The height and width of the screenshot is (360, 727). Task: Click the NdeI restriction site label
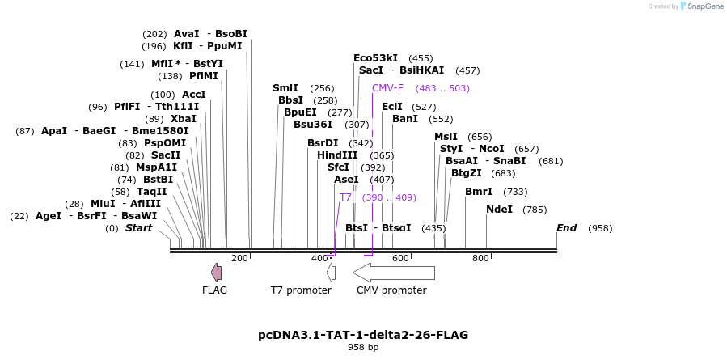pyautogui.click(x=499, y=210)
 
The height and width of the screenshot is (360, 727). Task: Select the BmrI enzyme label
pyautogui.click(x=478, y=192)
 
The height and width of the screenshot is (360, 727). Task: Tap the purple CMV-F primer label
pyautogui.click(x=387, y=88)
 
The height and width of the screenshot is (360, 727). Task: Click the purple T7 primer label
pyautogui.click(x=345, y=197)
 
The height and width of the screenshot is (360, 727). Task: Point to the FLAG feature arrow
pyautogui.click(x=216, y=273)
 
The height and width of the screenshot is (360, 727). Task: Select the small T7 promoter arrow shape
pyautogui.click(x=331, y=273)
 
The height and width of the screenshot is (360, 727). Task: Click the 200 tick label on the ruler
pyautogui.click(x=239, y=258)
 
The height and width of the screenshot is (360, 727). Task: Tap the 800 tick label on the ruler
pyautogui.click(x=480, y=258)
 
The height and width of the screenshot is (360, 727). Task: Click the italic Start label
pyautogui.click(x=138, y=228)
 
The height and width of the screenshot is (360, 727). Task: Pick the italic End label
pyautogui.click(x=566, y=228)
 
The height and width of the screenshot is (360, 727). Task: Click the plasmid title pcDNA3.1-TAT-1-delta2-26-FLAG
pyautogui.click(x=363, y=335)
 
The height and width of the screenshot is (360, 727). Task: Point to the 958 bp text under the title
pyautogui.click(x=363, y=348)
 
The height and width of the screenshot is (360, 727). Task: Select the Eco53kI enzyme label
pyautogui.click(x=375, y=58)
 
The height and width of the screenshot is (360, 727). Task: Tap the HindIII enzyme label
pyautogui.click(x=337, y=155)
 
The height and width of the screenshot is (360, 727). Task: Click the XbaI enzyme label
pyautogui.click(x=183, y=119)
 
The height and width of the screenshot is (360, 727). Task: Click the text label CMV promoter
pyautogui.click(x=391, y=290)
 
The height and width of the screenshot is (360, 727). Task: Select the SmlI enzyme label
pyautogui.click(x=285, y=88)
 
